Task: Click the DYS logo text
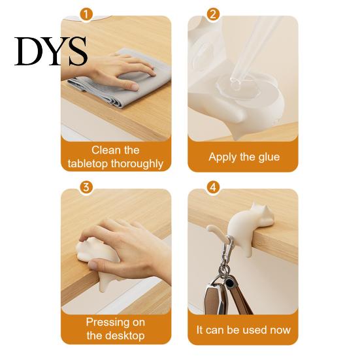click(x=51, y=51)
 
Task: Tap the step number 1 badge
click(x=86, y=14)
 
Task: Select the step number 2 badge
click(x=213, y=14)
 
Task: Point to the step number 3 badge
click(x=86, y=187)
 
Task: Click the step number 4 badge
click(x=213, y=187)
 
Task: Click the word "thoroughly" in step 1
click(x=137, y=164)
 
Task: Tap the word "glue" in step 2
click(x=269, y=157)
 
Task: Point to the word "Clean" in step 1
click(x=103, y=150)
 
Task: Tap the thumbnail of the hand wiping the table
click(x=116, y=78)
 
